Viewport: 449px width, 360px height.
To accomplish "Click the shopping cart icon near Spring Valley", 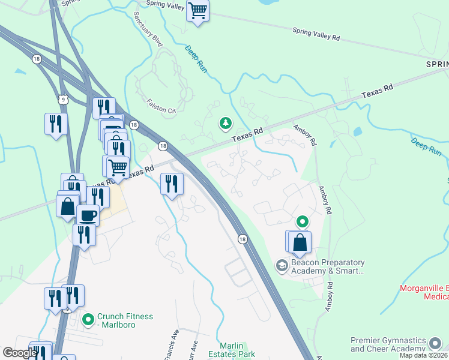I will click(x=197, y=10).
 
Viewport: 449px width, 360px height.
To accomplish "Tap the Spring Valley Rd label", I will click(x=316, y=34).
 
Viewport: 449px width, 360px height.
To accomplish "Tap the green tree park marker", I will click(x=226, y=124).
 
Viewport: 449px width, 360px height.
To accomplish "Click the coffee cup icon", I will click(x=88, y=215).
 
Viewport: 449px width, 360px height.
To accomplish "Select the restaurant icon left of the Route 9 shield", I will click(x=56, y=124).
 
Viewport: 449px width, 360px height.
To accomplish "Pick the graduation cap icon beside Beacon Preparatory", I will click(x=281, y=265).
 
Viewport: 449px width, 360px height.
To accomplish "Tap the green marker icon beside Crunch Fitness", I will click(x=88, y=320).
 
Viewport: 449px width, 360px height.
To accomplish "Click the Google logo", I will click(x=20, y=353).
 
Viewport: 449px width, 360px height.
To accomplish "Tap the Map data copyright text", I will click(x=423, y=355).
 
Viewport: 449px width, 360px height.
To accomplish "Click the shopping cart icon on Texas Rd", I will click(x=118, y=166).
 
